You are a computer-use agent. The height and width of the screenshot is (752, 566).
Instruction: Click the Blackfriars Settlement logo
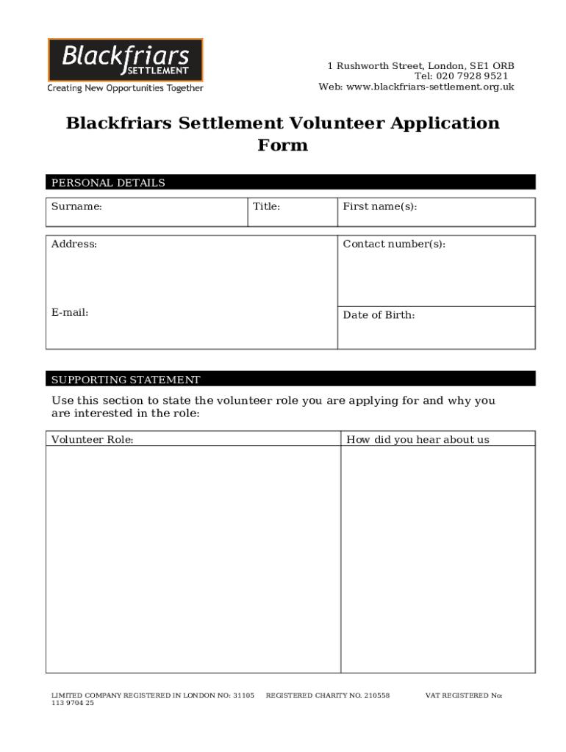coord(126,59)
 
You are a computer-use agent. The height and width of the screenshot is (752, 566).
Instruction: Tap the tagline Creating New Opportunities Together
coord(126,89)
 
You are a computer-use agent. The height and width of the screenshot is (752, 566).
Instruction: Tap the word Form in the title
coord(282,145)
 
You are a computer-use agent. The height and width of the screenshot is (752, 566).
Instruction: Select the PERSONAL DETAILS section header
coord(108,183)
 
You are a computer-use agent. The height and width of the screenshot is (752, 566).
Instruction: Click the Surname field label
coord(76,206)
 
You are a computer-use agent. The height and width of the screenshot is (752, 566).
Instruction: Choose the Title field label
coord(266,206)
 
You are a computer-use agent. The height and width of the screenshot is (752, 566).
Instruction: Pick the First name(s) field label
coord(379,206)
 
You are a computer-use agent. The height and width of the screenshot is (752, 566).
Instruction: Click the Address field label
coord(74,244)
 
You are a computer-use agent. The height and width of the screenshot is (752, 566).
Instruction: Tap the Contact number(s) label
coord(393,244)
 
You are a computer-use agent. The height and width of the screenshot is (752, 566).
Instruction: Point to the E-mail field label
coord(70,312)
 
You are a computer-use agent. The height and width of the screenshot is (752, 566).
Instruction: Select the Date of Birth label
coord(379,315)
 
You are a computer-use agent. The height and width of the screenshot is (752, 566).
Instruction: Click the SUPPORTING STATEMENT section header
coord(126,380)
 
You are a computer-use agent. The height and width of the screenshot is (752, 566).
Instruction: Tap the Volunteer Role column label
coord(92,440)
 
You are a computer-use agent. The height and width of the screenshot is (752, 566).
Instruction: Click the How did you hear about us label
coord(418,440)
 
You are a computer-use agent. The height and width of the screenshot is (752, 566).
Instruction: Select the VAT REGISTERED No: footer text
coord(463,695)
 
